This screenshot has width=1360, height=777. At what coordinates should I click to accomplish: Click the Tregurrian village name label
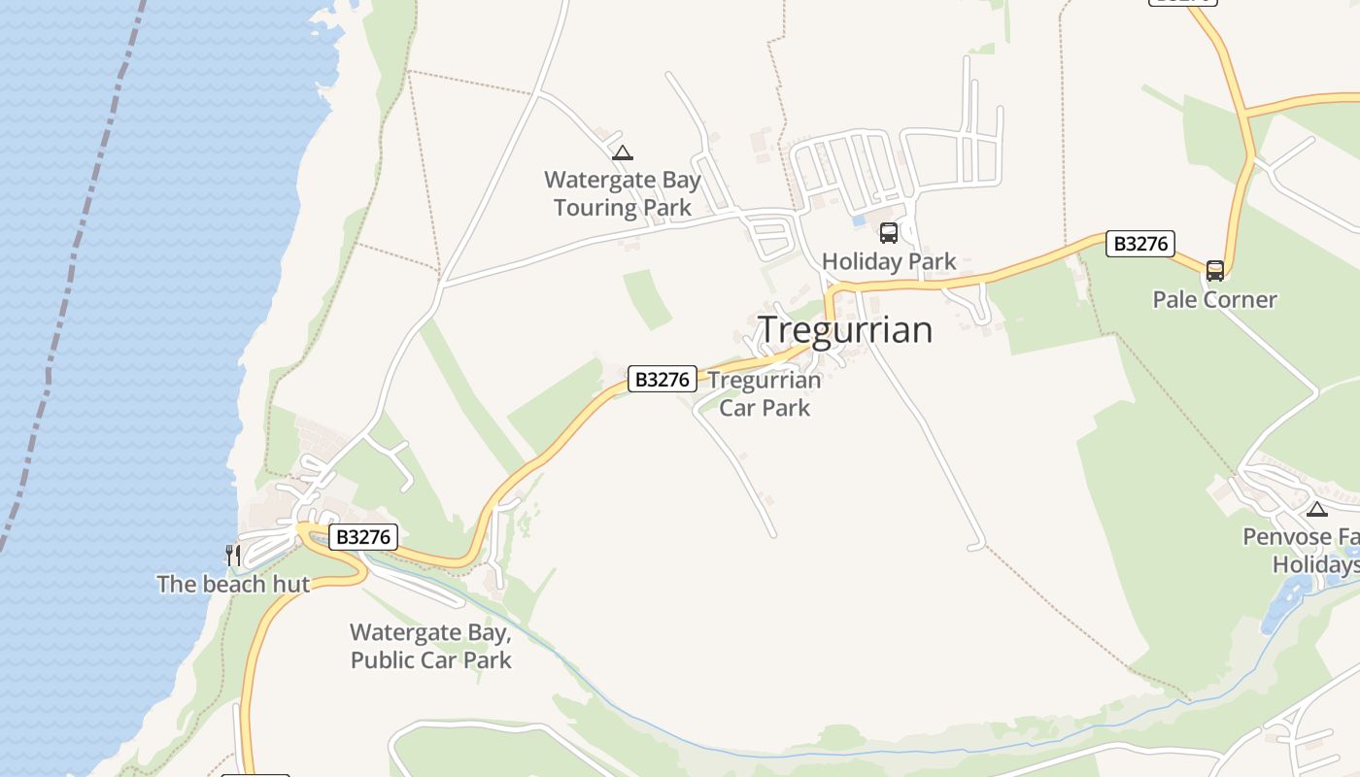click(x=844, y=330)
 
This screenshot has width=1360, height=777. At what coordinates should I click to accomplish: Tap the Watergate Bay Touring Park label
click(x=622, y=193)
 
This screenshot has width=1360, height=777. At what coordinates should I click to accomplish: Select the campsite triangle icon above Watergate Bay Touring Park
click(x=623, y=152)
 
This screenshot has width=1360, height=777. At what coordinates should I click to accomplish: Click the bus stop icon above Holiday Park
click(x=889, y=233)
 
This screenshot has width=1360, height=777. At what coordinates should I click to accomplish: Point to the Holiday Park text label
click(x=889, y=261)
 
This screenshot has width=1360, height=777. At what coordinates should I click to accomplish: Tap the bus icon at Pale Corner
click(x=1214, y=271)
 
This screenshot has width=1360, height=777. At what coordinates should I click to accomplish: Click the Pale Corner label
click(x=1214, y=299)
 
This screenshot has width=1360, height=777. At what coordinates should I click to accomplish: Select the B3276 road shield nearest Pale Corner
click(x=1140, y=244)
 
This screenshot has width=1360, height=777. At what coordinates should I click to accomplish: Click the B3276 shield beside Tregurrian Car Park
click(x=663, y=379)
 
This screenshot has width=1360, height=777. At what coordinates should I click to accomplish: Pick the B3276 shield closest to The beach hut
click(x=363, y=536)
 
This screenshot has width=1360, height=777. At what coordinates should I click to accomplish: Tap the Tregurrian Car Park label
click(x=765, y=393)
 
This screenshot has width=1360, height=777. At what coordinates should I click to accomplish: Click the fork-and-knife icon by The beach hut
click(x=232, y=555)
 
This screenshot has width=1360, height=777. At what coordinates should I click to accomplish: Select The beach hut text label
click(x=233, y=584)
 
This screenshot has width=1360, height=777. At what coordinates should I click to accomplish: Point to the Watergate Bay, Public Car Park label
click(x=430, y=646)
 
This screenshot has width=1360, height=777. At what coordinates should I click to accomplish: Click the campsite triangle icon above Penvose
click(x=1316, y=509)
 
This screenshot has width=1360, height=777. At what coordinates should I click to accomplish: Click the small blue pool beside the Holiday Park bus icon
click(x=858, y=220)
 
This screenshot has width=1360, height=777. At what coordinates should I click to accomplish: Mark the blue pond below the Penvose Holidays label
click(x=1287, y=598)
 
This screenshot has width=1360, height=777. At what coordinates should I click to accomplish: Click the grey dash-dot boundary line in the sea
click(x=68, y=291)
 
